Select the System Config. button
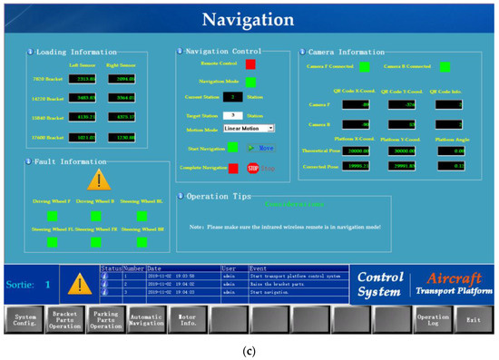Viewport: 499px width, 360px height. coord(24,319)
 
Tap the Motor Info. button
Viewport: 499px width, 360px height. coord(187,318)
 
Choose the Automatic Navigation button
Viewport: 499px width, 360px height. coord(147,319)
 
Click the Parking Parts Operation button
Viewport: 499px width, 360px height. coord(106,319)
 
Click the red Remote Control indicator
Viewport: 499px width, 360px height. coord(249,64)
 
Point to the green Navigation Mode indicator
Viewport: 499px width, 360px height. coord(249,82)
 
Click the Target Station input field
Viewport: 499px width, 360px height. coord(233,115)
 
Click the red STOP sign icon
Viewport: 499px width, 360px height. coord(252,168)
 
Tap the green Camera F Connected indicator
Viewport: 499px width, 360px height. coord(364,66)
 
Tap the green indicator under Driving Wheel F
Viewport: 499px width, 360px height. coord(52,216)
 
